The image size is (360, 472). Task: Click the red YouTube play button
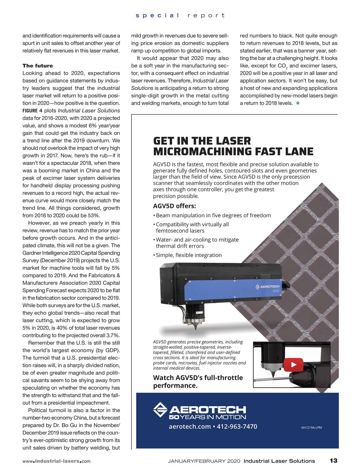tap(293, 364)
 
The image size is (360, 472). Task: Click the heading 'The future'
tap(38, 66)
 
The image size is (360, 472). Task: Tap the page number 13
tap(333, 461)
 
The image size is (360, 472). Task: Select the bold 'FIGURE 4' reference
tap(32, 111)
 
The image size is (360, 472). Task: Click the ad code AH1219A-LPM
tap(312, 427)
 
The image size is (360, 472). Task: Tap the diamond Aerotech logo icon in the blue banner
tap(160, 410)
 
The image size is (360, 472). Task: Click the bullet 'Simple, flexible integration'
tap(189, 255)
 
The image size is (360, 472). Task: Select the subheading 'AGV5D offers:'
tap(174, 206)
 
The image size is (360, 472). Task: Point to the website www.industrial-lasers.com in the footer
tap(57, 461)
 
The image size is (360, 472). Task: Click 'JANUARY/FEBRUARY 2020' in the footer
tap(204, 461)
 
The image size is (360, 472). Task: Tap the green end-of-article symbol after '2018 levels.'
tap(298, 103)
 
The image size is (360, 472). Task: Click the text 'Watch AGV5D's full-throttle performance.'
tap(198, 381)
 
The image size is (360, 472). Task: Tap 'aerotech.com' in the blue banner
tap(190, 426)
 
